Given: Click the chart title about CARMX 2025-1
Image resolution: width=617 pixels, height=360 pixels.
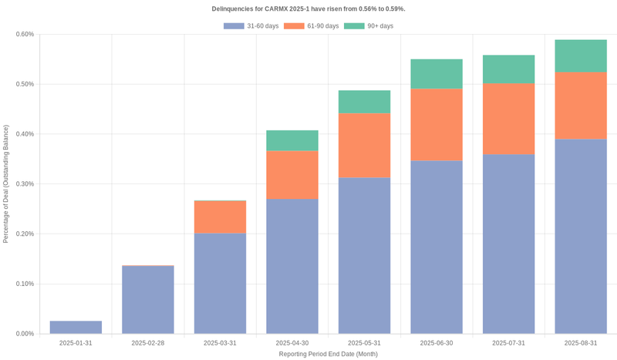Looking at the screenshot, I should (308, 8).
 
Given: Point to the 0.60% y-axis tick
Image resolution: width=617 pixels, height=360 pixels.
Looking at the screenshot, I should (25, 34).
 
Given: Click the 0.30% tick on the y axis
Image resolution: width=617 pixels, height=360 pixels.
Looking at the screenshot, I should (25, 183).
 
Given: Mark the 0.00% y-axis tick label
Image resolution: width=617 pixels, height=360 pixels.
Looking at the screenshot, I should (25, 334).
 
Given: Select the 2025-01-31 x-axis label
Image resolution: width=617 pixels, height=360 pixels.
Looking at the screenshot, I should (76, 343).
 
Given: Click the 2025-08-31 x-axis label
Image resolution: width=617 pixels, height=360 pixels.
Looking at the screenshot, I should (581, 343).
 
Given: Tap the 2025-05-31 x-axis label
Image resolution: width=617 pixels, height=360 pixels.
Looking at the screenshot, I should (364, 343).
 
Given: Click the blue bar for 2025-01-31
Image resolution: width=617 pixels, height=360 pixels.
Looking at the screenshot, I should (76, 328).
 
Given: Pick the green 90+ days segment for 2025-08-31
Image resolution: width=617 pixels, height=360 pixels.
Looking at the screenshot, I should (581, 56).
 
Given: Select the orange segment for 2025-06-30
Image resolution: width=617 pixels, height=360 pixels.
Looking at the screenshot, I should (437, 125).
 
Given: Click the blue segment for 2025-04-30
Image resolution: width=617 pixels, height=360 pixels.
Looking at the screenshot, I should (292, 266).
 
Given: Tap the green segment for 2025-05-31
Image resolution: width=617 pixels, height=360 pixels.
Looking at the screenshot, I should (364, 102).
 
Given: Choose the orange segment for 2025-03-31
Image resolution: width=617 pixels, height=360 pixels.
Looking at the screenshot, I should (220, 217).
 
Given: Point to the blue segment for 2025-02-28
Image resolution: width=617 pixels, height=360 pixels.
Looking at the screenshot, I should (148, 300).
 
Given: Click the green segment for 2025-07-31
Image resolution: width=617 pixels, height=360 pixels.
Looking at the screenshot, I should (508, 69).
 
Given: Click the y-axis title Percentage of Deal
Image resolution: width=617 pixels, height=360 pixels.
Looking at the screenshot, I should (6, 183).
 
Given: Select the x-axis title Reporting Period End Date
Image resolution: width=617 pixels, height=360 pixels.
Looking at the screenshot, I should (328, 354).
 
